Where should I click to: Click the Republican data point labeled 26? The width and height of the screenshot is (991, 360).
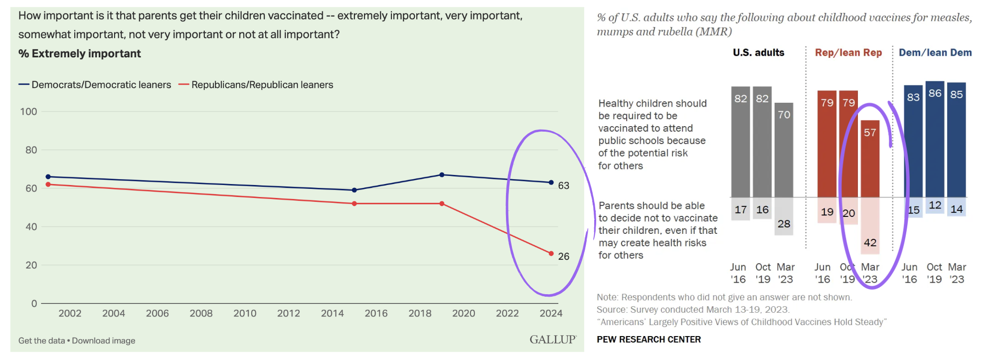tap(551, 254)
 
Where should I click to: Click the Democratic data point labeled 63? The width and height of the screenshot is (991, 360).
tap(551, 182)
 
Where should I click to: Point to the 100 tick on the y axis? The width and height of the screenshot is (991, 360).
tap(28, 112)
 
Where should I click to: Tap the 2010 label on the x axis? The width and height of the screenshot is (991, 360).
tap(245, 313)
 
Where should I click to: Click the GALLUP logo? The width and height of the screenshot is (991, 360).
tap(552, 340)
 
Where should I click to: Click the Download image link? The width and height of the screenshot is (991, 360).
tap(104, 341)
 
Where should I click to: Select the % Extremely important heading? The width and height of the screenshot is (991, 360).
tap(80, 54)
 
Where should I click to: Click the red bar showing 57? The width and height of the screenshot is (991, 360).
tap(870, 160)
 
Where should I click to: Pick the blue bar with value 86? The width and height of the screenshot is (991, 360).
tap(935, 140)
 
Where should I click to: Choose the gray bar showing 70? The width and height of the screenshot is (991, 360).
tap(784, 150)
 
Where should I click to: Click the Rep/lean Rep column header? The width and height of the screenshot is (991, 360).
tap(848, 53)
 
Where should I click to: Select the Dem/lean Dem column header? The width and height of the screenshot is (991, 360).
tap(935, 53)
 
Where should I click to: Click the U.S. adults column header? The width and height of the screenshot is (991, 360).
tap(758, 53)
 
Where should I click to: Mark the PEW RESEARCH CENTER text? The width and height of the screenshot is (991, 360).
tap(649, 340)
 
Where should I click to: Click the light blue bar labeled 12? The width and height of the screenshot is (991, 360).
tap(935, 205)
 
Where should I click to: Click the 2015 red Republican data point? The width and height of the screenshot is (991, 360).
tap(354, 203)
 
